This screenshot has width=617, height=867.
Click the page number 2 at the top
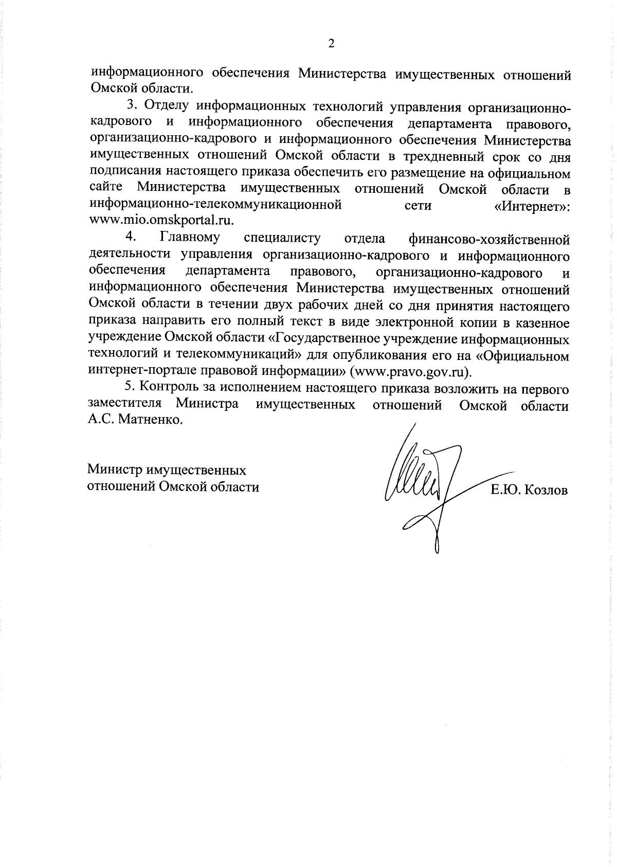331,44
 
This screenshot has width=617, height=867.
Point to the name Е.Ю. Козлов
529,490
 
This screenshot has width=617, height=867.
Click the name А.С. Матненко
135,420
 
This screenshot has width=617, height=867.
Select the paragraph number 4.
131,238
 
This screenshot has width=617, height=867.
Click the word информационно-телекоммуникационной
215,205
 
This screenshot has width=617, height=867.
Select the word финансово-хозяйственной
489,239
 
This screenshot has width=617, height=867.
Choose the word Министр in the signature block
115,470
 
